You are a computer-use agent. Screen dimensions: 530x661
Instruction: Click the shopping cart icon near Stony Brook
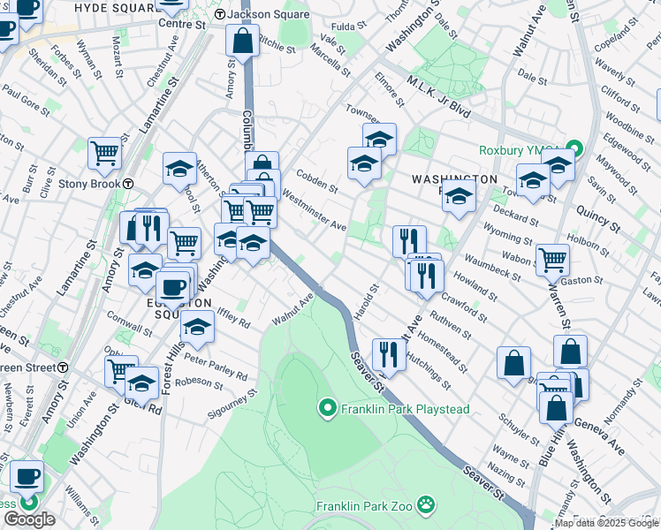click(x=105, y=152)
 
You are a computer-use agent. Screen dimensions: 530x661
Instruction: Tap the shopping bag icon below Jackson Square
click(x=242, y=40)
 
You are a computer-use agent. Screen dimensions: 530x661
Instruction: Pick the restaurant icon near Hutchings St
click(x=389, y=353)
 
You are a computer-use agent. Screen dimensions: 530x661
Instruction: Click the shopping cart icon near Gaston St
click(x=552, y=259)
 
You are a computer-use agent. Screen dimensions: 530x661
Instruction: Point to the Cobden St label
click(x=317, y=179)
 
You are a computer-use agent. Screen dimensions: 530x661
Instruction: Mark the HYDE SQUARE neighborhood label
click(x=115, y=7)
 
